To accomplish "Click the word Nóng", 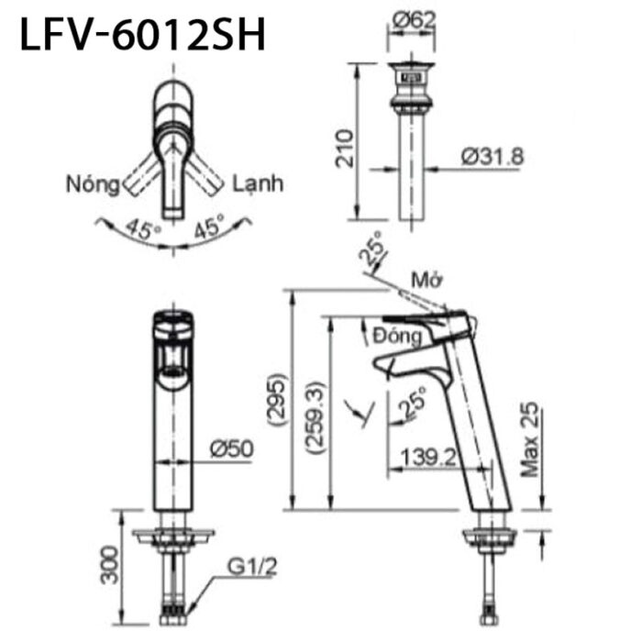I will [x=93, y=184].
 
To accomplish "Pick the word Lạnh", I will [x=257, y=183].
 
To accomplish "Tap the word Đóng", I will [x=399, y=336].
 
